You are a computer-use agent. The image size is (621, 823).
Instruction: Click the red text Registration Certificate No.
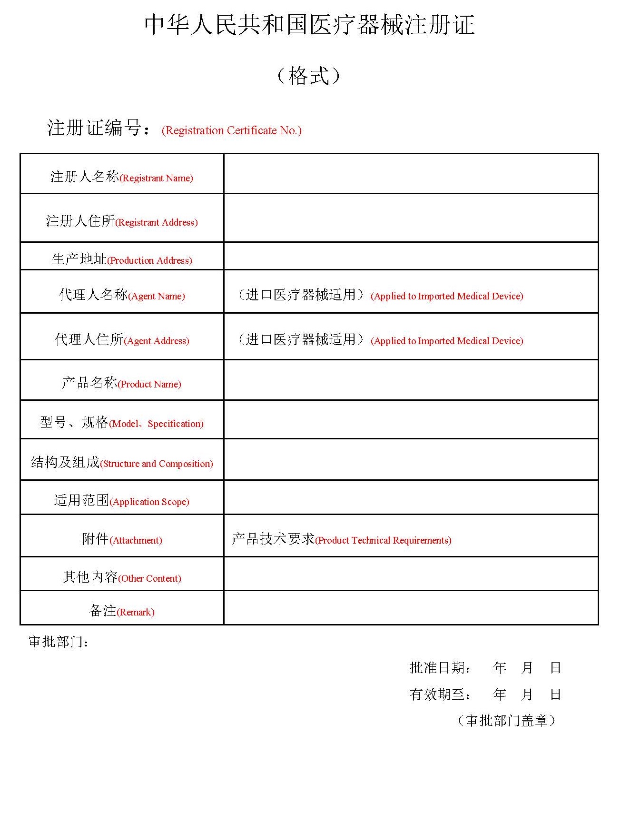click(x=231, y=130)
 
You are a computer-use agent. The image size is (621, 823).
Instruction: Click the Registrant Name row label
click(x=121, y=177)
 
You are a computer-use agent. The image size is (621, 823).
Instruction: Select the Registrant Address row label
click(x=121, y=221)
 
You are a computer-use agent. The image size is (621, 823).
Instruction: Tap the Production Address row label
click(x=121, y=259)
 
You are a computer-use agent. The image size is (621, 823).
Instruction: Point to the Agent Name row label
click(x=121, y=295)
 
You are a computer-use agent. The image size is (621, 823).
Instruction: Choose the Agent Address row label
click(x=121, y=340)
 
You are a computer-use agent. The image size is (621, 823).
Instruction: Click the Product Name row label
click(x=121, y=383)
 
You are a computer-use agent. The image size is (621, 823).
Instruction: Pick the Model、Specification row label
click(x=121, y=423)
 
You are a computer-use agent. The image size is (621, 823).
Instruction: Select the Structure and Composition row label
click(x=121, y=463)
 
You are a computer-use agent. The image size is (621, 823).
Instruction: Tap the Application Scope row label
click(x=121, y=501)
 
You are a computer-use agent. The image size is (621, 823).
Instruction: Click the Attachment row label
click(x=121, y=539)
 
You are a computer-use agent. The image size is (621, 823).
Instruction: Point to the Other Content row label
click(x=121, y=577)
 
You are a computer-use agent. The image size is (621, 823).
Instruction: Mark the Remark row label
click(x=121, y=611)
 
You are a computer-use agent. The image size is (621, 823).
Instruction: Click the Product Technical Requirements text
click(x=341, y=539)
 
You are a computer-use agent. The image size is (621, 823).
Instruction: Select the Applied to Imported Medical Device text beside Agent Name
click(x=446, y=296)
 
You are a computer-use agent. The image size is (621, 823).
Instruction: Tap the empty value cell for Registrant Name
click(x=411, y=174)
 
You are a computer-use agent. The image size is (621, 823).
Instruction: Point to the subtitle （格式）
click(x=309, y=76)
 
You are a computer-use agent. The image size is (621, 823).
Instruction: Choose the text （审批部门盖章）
click(x=506, y=721)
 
